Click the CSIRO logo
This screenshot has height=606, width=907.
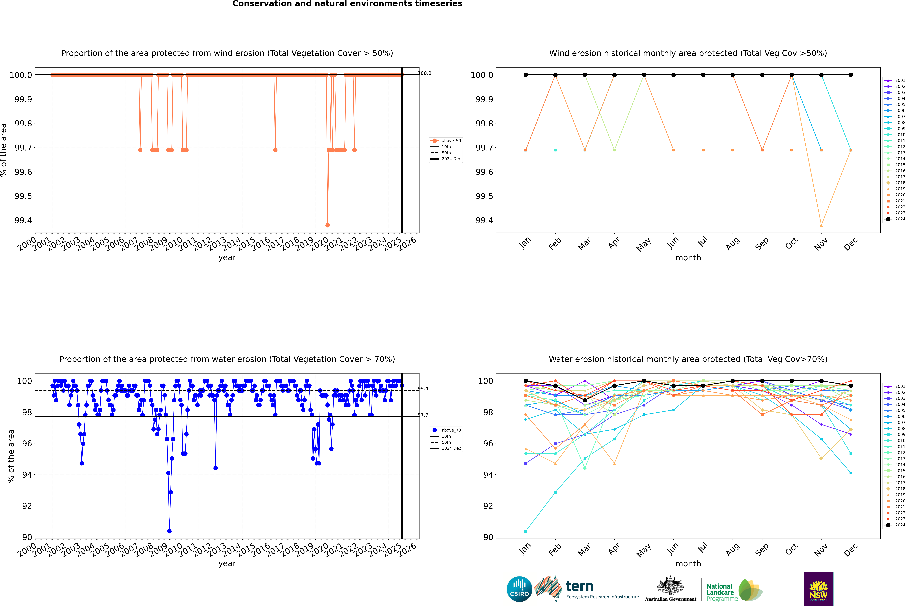519,589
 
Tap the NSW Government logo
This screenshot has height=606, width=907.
818,589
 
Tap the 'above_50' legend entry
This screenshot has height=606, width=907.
451,141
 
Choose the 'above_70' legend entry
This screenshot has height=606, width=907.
451,430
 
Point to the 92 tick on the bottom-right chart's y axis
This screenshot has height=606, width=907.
488,506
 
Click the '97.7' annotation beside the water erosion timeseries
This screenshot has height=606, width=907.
423,415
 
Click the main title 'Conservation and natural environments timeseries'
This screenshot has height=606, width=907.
347,4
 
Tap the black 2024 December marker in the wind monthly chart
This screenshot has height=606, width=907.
851,75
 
